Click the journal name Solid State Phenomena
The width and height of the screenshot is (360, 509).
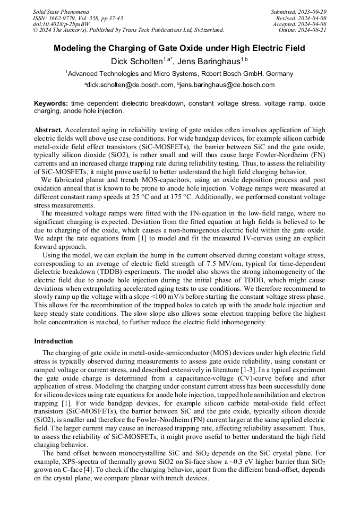point(61,11)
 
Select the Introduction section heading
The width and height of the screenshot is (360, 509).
point(53,341)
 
